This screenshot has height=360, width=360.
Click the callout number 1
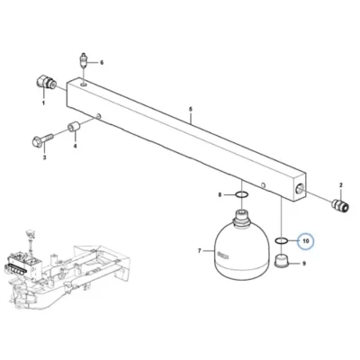click(43, 103)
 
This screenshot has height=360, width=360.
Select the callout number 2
click(341, 184)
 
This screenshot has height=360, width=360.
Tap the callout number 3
click(44, 157)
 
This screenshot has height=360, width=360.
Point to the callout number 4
click(76, 146)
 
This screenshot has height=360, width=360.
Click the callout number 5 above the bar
click(190, 109)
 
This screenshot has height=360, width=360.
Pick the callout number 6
click(102, 63)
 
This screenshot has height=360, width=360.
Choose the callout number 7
click(200, 251)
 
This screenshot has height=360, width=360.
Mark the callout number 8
click(220, 195)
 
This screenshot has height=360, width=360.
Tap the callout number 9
click(304, 264)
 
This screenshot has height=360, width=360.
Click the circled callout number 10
click(305, 241)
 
